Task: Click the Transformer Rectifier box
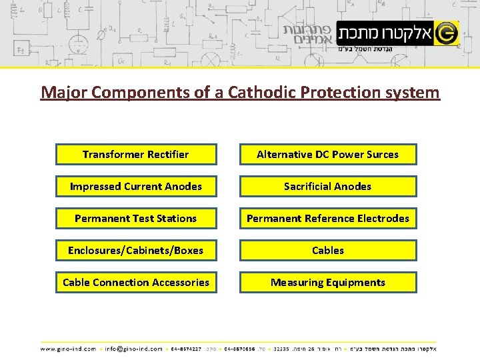pos(135,155)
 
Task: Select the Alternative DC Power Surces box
pos(327,155)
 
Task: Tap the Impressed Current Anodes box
pos(135,187)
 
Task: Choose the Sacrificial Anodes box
pos(327,187)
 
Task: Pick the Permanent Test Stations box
pos(135,219)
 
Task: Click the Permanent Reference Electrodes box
pos(327,219)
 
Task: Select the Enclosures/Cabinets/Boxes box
pos(135,251)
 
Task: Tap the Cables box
pos(327,251)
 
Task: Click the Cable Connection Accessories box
pos(135,283)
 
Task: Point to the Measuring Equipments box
pos(327,283)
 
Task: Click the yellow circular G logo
pos(447,32)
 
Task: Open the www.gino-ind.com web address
pos(68,348)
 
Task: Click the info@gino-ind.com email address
pos(134,348)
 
